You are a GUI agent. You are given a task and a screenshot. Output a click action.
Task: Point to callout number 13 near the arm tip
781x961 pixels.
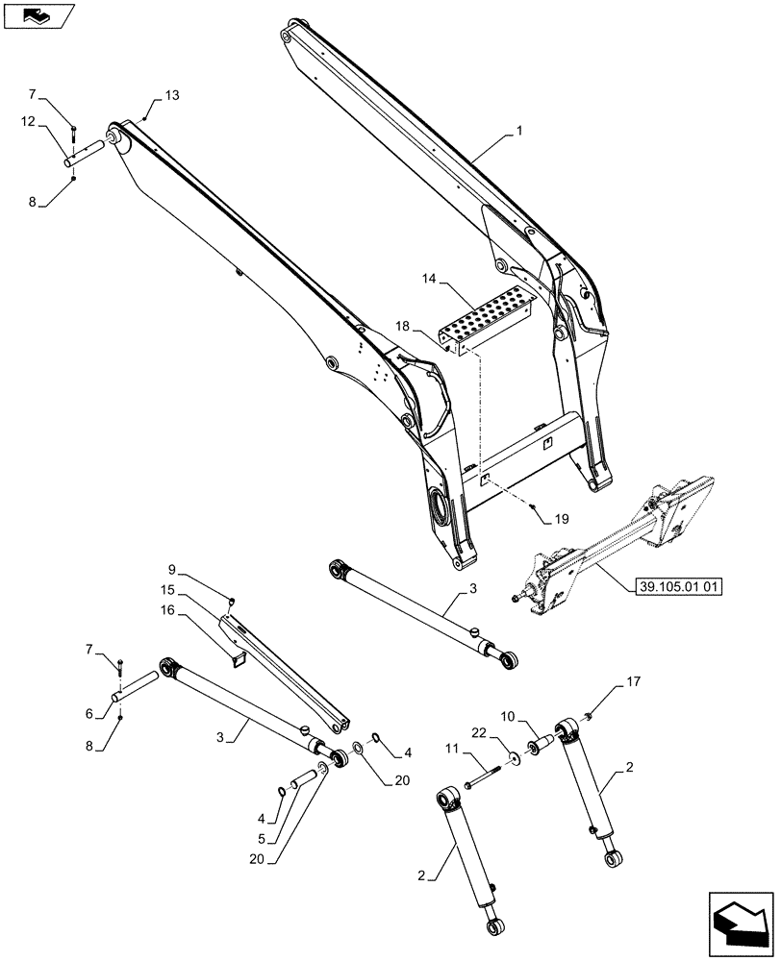coord(171,95)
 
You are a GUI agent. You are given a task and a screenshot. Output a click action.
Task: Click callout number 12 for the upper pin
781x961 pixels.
coord(28,121)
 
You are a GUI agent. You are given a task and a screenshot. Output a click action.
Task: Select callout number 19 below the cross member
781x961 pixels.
coord(561,518)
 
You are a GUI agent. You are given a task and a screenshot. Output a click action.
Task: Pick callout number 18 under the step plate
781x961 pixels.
coord(402,328)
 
